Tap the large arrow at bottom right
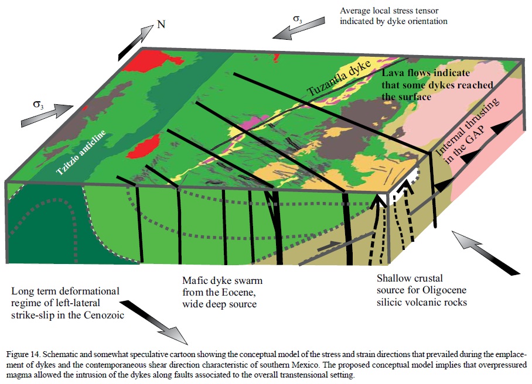(x=486, y=252)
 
